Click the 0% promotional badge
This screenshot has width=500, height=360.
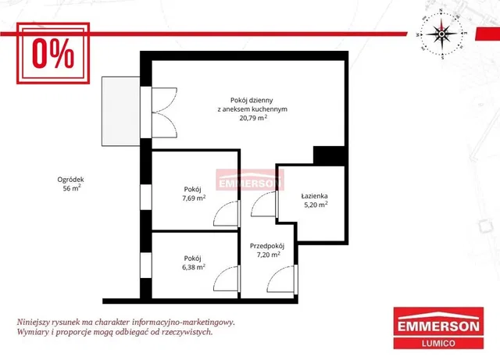(53, 53)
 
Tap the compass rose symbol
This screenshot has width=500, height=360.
(441, 34)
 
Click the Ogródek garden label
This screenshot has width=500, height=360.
(70, 180)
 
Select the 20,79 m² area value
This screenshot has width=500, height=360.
(253, 118)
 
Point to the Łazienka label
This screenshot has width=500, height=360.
(314, 196)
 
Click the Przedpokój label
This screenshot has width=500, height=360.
(267, 246)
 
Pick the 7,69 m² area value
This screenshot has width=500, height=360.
(194, 198)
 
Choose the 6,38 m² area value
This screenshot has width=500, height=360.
(194, 267)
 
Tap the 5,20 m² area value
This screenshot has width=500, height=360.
(316, 205)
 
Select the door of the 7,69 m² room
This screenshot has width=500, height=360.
(227, 214)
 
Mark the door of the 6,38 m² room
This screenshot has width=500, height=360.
(227, 278)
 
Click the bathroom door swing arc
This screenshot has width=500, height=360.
(263, 204)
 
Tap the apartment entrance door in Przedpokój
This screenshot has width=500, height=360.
(282, 279)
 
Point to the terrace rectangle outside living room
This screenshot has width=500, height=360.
(121, 112)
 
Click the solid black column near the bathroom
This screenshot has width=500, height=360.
(329, 155)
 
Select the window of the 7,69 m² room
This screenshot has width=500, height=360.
(146, 197)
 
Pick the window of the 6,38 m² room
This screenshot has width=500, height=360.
(146, 266)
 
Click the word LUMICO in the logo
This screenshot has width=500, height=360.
(438, 344)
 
